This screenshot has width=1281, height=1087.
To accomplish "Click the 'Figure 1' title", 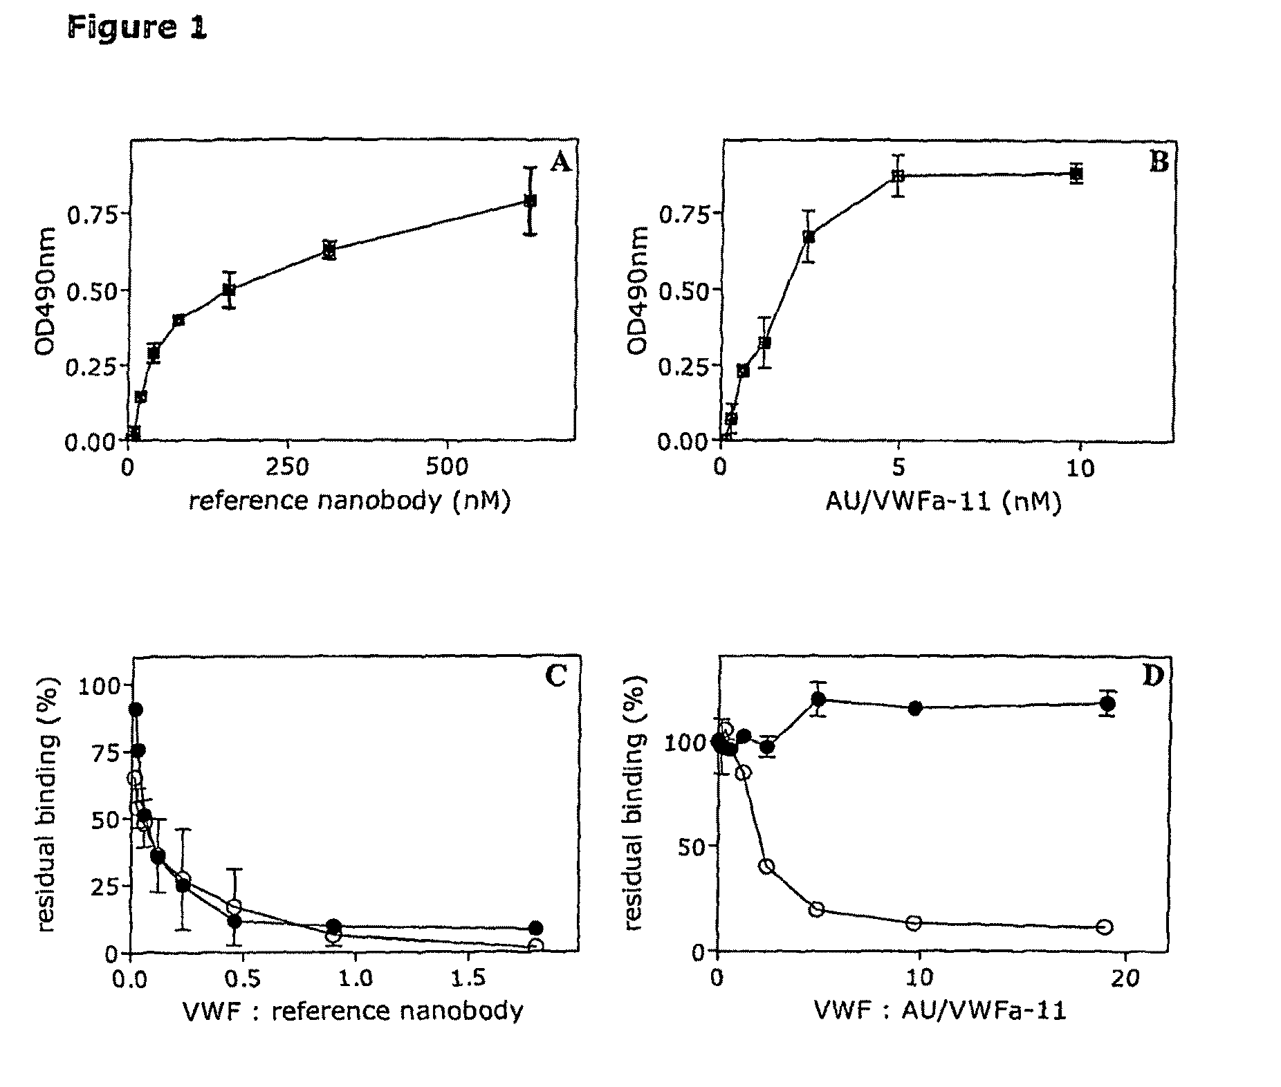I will tap(137, 28).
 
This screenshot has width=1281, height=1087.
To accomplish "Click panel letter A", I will tap(560, 163).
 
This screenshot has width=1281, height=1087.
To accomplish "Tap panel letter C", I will tap(555, 676).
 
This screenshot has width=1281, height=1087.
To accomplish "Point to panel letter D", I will tap(1152, 676).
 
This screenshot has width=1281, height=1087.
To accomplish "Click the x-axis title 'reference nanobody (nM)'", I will tap(350, 501).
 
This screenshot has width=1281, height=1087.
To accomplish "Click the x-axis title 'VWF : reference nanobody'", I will tap(353, 1011).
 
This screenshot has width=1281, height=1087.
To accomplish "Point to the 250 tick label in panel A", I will tap(288, 468).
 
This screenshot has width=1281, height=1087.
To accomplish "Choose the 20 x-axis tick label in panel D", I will tap(1124, 980).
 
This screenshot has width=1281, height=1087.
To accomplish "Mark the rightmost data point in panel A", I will tap(530, 201).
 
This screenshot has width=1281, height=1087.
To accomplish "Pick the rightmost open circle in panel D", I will tap(1104, 927).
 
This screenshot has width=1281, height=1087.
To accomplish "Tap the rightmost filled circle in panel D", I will tap(1107, 704).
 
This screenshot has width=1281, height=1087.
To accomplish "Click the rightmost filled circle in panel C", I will tap(535, 928).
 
